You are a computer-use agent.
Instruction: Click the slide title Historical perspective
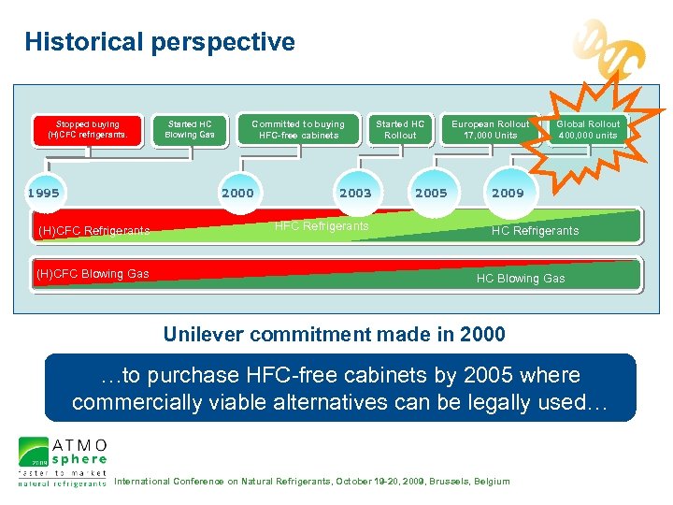pyautogui.click(x=160, y=42)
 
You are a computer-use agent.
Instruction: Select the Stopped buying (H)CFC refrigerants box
pyautogui.click(x=87, y=129)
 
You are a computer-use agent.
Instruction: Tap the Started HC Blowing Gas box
pyautogui.click(x=190, y=129)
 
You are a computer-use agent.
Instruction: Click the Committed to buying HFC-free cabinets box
pyautogui.click(x=298, y=129)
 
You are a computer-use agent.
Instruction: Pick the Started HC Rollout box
pyautogui.click(x=400, y=129)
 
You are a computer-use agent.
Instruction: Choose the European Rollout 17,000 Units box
pyautogui.click(x=491, y=129)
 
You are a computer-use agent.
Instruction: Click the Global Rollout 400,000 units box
pyautogui.click(x=588, y=129)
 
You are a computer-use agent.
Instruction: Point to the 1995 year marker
pyautogui.click(x=43, y=194)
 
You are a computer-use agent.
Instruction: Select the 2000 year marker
pyautogui.click(x=236, y=194)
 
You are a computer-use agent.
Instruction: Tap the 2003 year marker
pyautogui.click(x=354, y=194)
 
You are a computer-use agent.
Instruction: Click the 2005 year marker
pyautogui.click(x=431, y=194)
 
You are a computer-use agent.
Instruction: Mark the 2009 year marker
pyautogui.click(x=508, y=194)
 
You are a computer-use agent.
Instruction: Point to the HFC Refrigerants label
pyautogui.click(x=322, y=226)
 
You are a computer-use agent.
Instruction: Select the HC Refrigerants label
pyautogui.click(x=535, y=231)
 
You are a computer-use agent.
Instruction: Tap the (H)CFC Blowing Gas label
pyautogui.click(x=92, y=274)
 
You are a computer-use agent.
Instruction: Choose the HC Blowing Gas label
pyautogui.click(x=521, y=279)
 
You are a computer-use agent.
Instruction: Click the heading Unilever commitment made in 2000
pyautogui.click(x=335, y=334)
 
